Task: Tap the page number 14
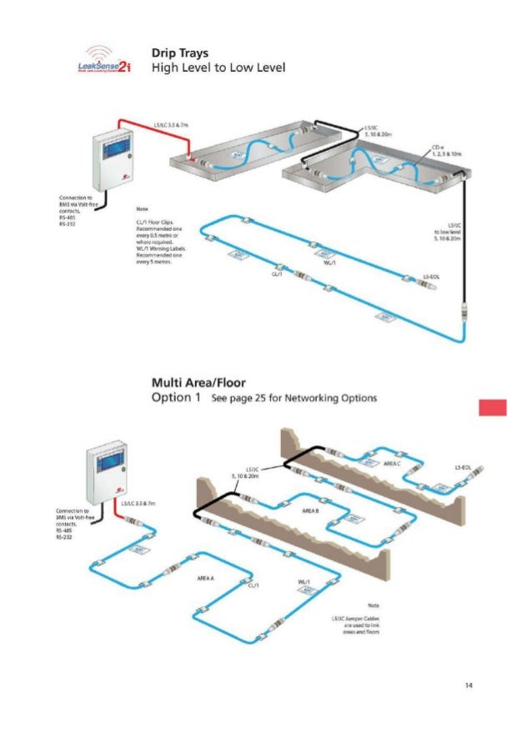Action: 469,685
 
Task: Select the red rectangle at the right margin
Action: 493,407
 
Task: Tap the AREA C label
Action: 392,463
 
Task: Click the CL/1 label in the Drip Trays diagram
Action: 278,273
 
